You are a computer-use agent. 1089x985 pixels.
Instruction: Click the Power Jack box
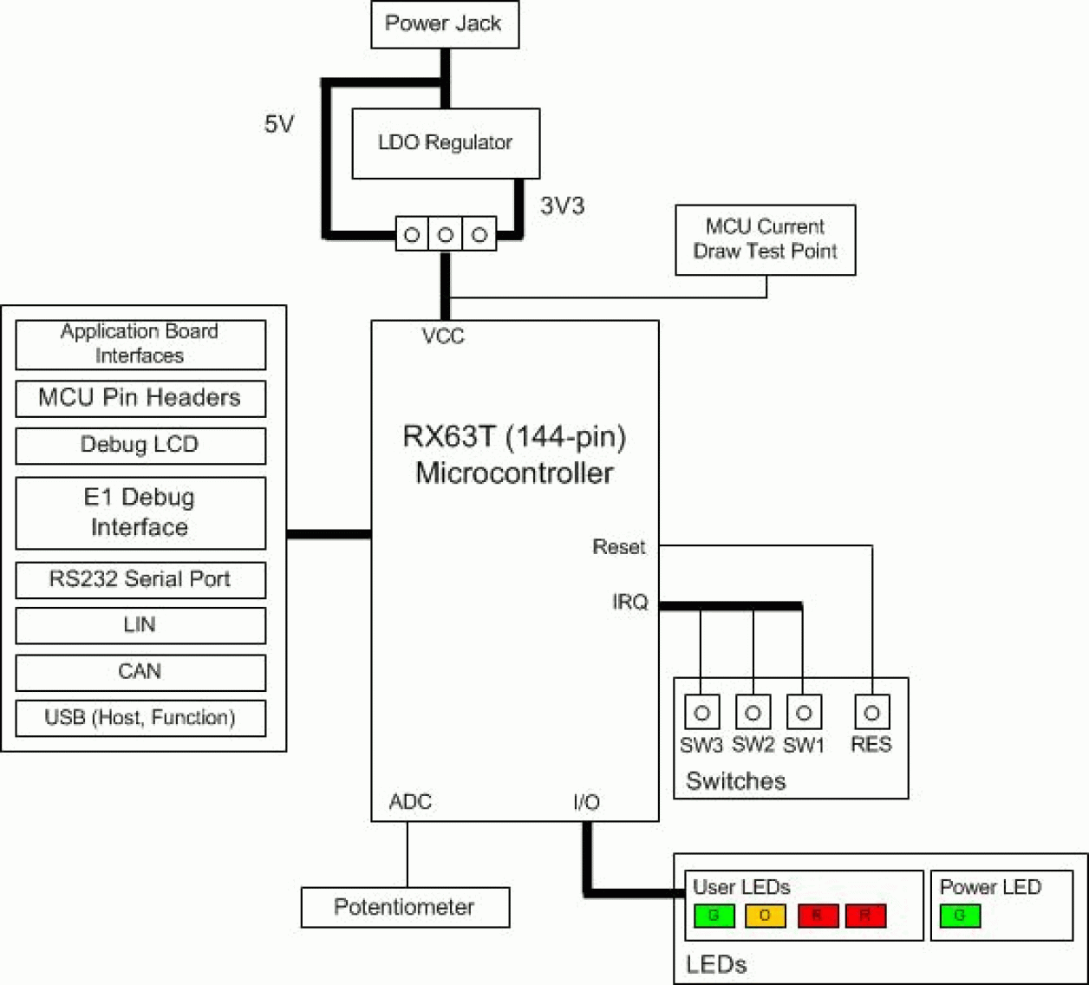444,24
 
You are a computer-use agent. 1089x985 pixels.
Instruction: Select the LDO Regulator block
445,143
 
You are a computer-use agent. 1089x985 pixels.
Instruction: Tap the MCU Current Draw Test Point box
765,239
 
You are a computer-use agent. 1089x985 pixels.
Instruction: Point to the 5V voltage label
279,125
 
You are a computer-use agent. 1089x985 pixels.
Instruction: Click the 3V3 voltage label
562,206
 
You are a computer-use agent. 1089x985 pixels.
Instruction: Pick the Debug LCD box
140,445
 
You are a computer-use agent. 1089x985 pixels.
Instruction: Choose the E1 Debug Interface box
140,512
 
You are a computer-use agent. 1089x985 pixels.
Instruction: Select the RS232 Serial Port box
140,579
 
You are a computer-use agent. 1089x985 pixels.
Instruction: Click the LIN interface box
140,625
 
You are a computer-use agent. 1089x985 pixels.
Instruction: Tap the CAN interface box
140,672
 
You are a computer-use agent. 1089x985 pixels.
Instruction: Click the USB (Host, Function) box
140,718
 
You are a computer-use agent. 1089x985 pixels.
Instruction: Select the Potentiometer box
405,907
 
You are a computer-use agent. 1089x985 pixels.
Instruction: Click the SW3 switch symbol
701,713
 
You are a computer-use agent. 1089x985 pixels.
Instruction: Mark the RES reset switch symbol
871,713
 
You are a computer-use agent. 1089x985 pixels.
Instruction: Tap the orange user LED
765,916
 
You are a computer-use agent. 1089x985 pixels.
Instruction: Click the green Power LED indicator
960,916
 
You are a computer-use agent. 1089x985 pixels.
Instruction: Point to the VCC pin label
443,336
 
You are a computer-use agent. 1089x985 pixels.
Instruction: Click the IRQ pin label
630,602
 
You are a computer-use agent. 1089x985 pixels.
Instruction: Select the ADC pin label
410,802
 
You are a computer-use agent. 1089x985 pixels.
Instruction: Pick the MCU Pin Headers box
140,398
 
